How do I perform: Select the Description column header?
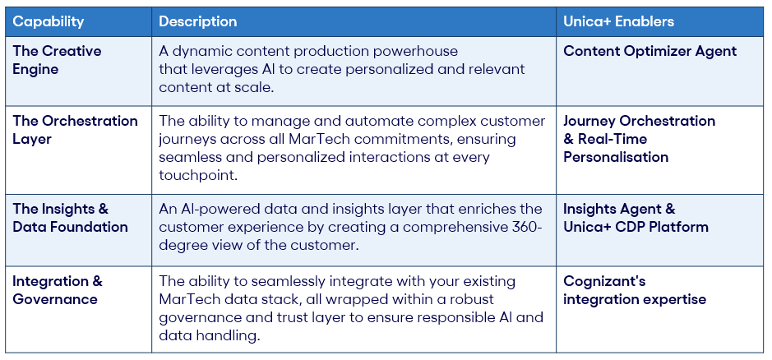(x=197, y=21)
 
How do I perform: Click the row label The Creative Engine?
(x=57, y=60)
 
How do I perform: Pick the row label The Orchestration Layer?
(x=75, y=130)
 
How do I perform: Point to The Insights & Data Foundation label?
(x=70, y=218)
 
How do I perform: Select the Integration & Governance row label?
(x=57, y=290)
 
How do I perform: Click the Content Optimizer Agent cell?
(x=649, y=51)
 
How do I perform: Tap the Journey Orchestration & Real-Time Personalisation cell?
(x=638, y=139)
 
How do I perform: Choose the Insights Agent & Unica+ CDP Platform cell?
(x=635, y=218)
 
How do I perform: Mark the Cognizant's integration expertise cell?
(x=634, y=290)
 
